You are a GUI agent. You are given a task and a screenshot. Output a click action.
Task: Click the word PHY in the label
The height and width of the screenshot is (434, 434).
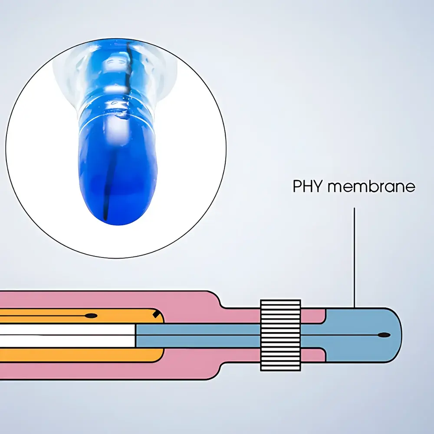[308, 186]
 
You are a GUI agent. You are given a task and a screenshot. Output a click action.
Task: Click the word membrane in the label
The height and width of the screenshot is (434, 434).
[372, 186]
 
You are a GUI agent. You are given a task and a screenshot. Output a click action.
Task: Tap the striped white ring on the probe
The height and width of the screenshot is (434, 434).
[280, 335]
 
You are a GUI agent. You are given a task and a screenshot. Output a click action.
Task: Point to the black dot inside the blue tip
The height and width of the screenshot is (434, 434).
[384, 335]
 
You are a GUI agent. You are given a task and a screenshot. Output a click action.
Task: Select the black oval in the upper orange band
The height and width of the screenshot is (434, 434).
[91, 316]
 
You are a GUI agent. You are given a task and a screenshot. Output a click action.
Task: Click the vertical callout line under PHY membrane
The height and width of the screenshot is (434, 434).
[354, 258]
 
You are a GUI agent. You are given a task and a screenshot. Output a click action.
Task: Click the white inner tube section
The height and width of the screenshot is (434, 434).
[67, 335]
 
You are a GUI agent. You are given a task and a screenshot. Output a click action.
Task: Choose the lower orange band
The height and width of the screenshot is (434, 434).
[80, 355]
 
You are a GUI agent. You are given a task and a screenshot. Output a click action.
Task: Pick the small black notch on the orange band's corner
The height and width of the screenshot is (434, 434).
[155, 314]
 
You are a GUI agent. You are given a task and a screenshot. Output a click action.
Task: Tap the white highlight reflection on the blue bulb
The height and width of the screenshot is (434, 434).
[116, 130]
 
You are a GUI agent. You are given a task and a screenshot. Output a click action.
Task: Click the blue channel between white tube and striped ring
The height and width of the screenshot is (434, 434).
[198, 335]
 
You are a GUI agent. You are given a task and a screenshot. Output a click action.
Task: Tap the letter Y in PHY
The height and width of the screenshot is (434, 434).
[318, 186]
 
